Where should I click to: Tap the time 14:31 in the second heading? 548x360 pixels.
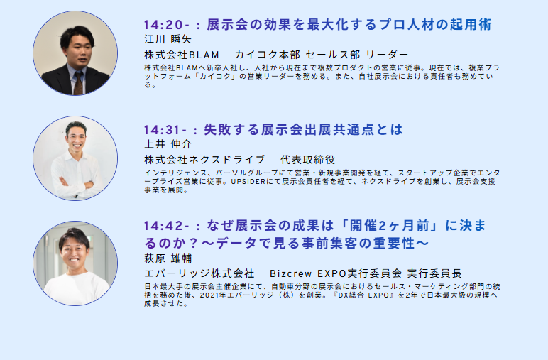(162, 130)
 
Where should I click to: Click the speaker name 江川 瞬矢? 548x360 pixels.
(168, 39)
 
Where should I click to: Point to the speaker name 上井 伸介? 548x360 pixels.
(168, 144)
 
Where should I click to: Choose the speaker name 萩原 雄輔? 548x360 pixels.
(168, 258)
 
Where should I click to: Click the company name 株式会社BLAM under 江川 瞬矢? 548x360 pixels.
(182, 55)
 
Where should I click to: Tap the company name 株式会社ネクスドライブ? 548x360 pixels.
(204, 160)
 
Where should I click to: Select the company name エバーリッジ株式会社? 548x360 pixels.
(199, 273)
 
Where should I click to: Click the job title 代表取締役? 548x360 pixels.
(307, 160)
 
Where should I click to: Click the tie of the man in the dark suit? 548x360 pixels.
(79, 83)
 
